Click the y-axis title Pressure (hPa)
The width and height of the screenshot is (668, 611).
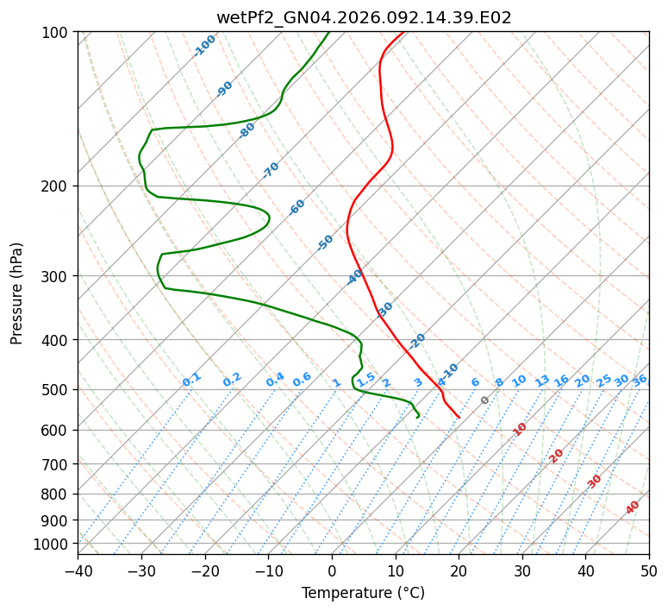pyautogui.click(x=17, y=293)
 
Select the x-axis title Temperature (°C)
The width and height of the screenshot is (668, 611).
pyautogui.click(x=363, y=594)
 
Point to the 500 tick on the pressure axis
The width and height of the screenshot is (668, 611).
pyautogui.click(x=59, y=389)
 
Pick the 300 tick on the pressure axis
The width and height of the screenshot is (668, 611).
pyautogui.click(x=59, y=276)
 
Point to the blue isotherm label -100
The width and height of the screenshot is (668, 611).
pyautogui.click(x=204, y=46)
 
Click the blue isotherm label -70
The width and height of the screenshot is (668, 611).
pyautogui.click(x=271, y=170)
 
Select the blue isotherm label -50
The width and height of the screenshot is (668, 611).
pyautogui.click(x=325, y=243)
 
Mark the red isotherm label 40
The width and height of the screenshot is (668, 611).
pyautogui.click(x=633, y=507)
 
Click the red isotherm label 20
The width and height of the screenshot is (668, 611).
pyautogui.click(x=557, y=455)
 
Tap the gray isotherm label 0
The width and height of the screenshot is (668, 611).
pyautogui.click(x=484, y=400)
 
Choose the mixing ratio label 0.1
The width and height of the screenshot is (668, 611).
pyautogui.click(x=191, y=379)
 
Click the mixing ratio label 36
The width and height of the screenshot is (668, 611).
pyautogui.click(x=640, y=380)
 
